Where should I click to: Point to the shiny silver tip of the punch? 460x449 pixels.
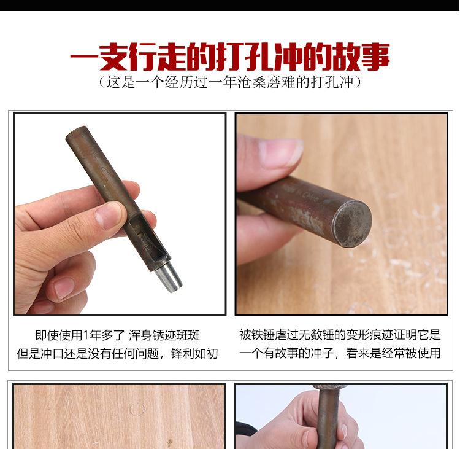click(168, 277)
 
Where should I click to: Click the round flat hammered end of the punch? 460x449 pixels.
click(353, 223)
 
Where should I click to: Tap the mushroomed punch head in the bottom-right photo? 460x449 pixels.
click(330, 387)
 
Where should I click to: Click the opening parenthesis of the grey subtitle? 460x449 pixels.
click(102, 82)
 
